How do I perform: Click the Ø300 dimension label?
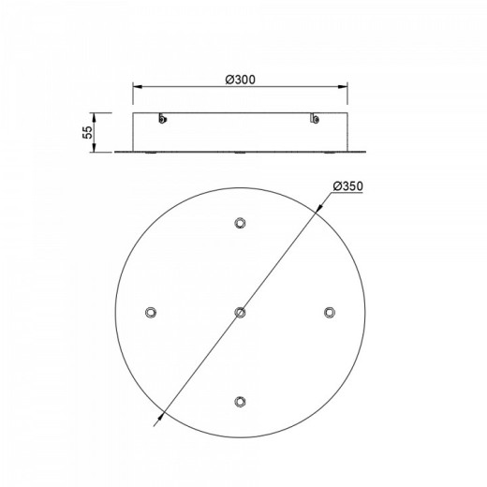point(241,80)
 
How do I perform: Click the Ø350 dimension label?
point(348,186)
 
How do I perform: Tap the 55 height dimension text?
point(88,132)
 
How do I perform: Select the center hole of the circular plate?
point(240,312)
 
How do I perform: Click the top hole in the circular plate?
point(240,223)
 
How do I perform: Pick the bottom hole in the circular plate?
point(240,402)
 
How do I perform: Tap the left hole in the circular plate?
point(151,312)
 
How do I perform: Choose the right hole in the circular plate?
point(329,312)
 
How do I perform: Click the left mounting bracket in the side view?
point(162,118)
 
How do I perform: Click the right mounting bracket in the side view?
point(315,118)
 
